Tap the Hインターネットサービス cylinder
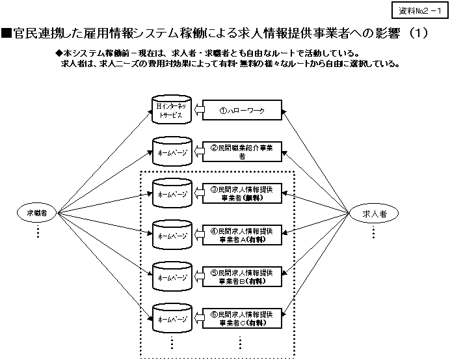coord(170,110)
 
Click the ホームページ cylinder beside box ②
coord(170,152)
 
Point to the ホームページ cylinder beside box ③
coord(170,193)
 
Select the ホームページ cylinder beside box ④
coord(170,234)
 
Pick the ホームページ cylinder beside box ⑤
coord(170,276)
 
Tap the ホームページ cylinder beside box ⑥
coord(170,318)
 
